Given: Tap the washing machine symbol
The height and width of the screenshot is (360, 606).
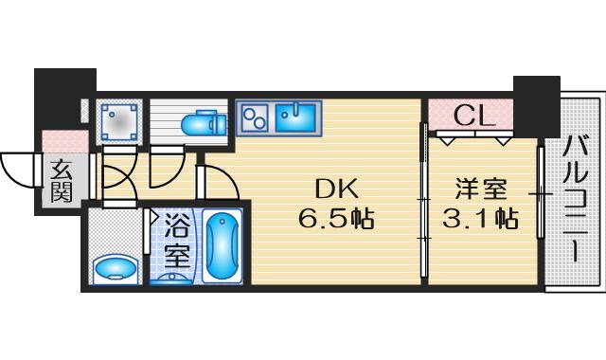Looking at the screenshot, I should [x=119, y=121].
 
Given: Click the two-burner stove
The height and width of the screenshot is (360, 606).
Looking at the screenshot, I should [x=254, y=117].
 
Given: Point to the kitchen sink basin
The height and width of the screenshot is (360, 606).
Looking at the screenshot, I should [x=298, y=117].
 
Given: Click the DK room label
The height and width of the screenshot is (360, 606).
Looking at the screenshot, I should [x=334, y=189].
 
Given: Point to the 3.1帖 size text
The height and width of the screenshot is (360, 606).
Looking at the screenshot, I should [x=480, y=220].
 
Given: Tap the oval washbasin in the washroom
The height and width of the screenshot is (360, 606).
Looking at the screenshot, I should [x=116, y=268].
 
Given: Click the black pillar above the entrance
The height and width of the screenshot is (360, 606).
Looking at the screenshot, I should [x=63, y=99].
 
